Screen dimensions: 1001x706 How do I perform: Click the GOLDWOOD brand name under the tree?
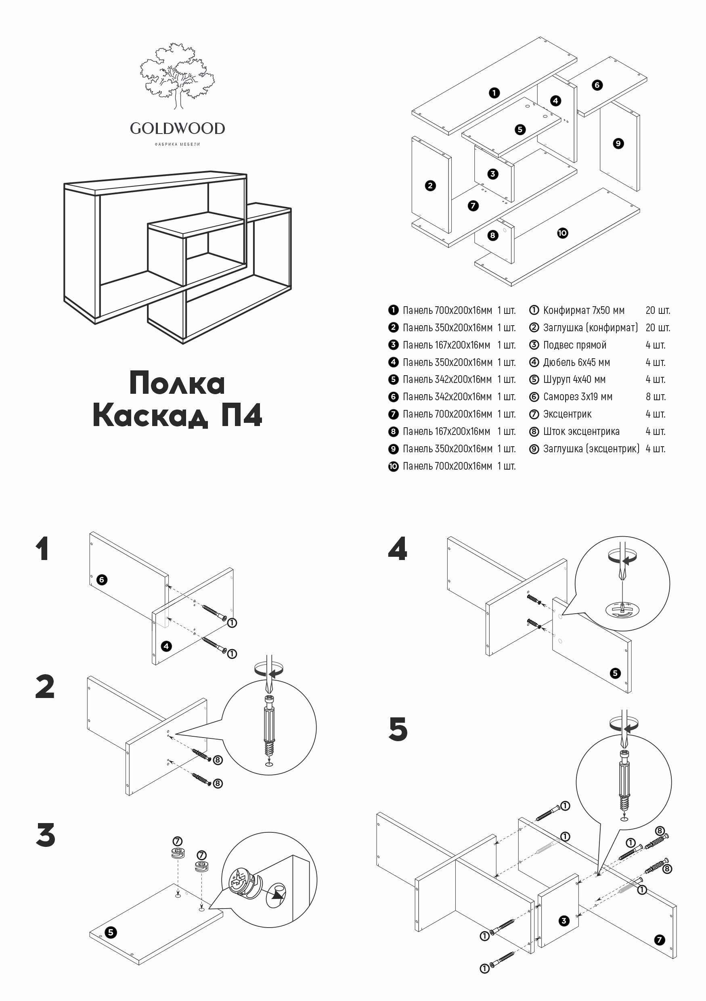[x=177, y=129]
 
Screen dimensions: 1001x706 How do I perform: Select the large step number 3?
[x=45, y=835]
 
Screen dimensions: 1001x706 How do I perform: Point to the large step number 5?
[x=398, y=729]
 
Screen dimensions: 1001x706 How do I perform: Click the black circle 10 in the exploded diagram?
[x=563, y=233]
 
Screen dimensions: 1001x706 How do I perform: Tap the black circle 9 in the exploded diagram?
[x=618, y=144]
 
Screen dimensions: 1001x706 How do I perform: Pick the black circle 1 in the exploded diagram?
[x=494, y=93]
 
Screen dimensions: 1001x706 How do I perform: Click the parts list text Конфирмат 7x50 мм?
[x=583, y=310]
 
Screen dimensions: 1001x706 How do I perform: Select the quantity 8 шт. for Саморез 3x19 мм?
[x=656, y=397]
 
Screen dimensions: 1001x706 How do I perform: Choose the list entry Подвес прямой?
[x=574, y=345]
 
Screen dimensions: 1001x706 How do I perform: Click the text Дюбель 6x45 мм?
[x=576, y=362]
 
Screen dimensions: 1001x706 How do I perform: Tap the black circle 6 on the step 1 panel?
[x=102, y=579]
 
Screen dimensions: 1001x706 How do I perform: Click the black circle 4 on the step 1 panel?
[x=166, y=646]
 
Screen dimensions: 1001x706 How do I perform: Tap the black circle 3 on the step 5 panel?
[x=564, y=921]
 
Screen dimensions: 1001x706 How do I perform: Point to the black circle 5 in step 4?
[x=615, y=673]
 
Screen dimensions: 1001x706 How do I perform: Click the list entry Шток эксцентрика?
[x=581, y=431]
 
